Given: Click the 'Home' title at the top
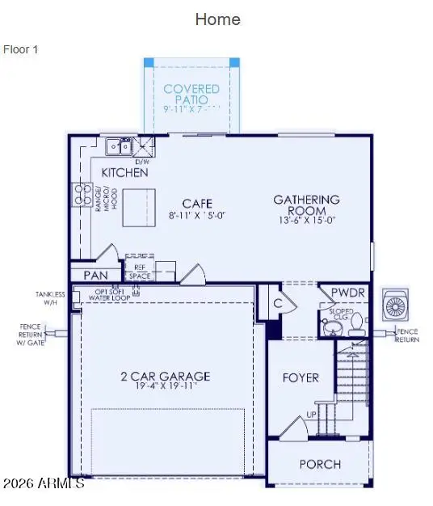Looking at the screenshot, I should [217, 19].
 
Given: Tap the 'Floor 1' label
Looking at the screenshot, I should [21, 49].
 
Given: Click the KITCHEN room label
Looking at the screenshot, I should [124, 172].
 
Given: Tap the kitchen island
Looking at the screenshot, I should [138, 207].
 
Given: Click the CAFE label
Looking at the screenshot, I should [197, 203].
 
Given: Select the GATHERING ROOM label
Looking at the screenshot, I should [306, 205].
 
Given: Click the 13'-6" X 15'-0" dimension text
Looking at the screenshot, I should [306, 220].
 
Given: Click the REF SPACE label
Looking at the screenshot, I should [139, 271].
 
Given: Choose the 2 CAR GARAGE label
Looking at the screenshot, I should [166, 376].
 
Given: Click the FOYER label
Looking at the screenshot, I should [300, 377].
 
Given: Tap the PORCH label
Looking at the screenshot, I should [320, 464].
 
